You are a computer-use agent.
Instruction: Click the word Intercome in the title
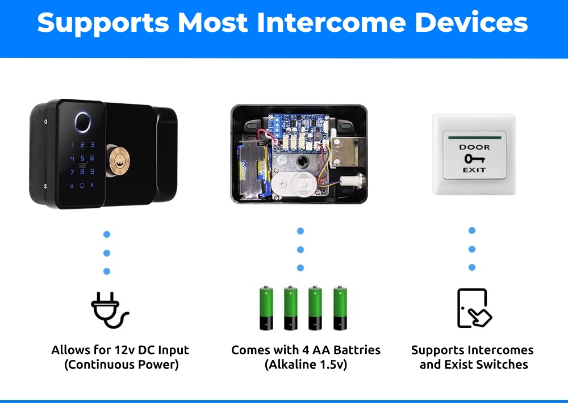(x=331, y=23)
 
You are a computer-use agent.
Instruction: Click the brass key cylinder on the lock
(x=118, y=161)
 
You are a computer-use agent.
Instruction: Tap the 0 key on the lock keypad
(x=82, y=186)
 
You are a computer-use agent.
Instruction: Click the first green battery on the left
(x=266, y=309)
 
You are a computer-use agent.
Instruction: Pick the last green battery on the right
(x=340, y=309)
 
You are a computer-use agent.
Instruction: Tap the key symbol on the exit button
(x=474, y=158)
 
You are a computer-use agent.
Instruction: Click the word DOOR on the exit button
(x=474, y=148)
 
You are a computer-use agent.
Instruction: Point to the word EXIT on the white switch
(x=474, y=170)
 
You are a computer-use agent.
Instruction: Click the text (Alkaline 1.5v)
(x=306, y=364)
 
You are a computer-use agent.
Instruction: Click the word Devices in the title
(x=471, y=23)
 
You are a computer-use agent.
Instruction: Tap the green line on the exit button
(x=474, y=137)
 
